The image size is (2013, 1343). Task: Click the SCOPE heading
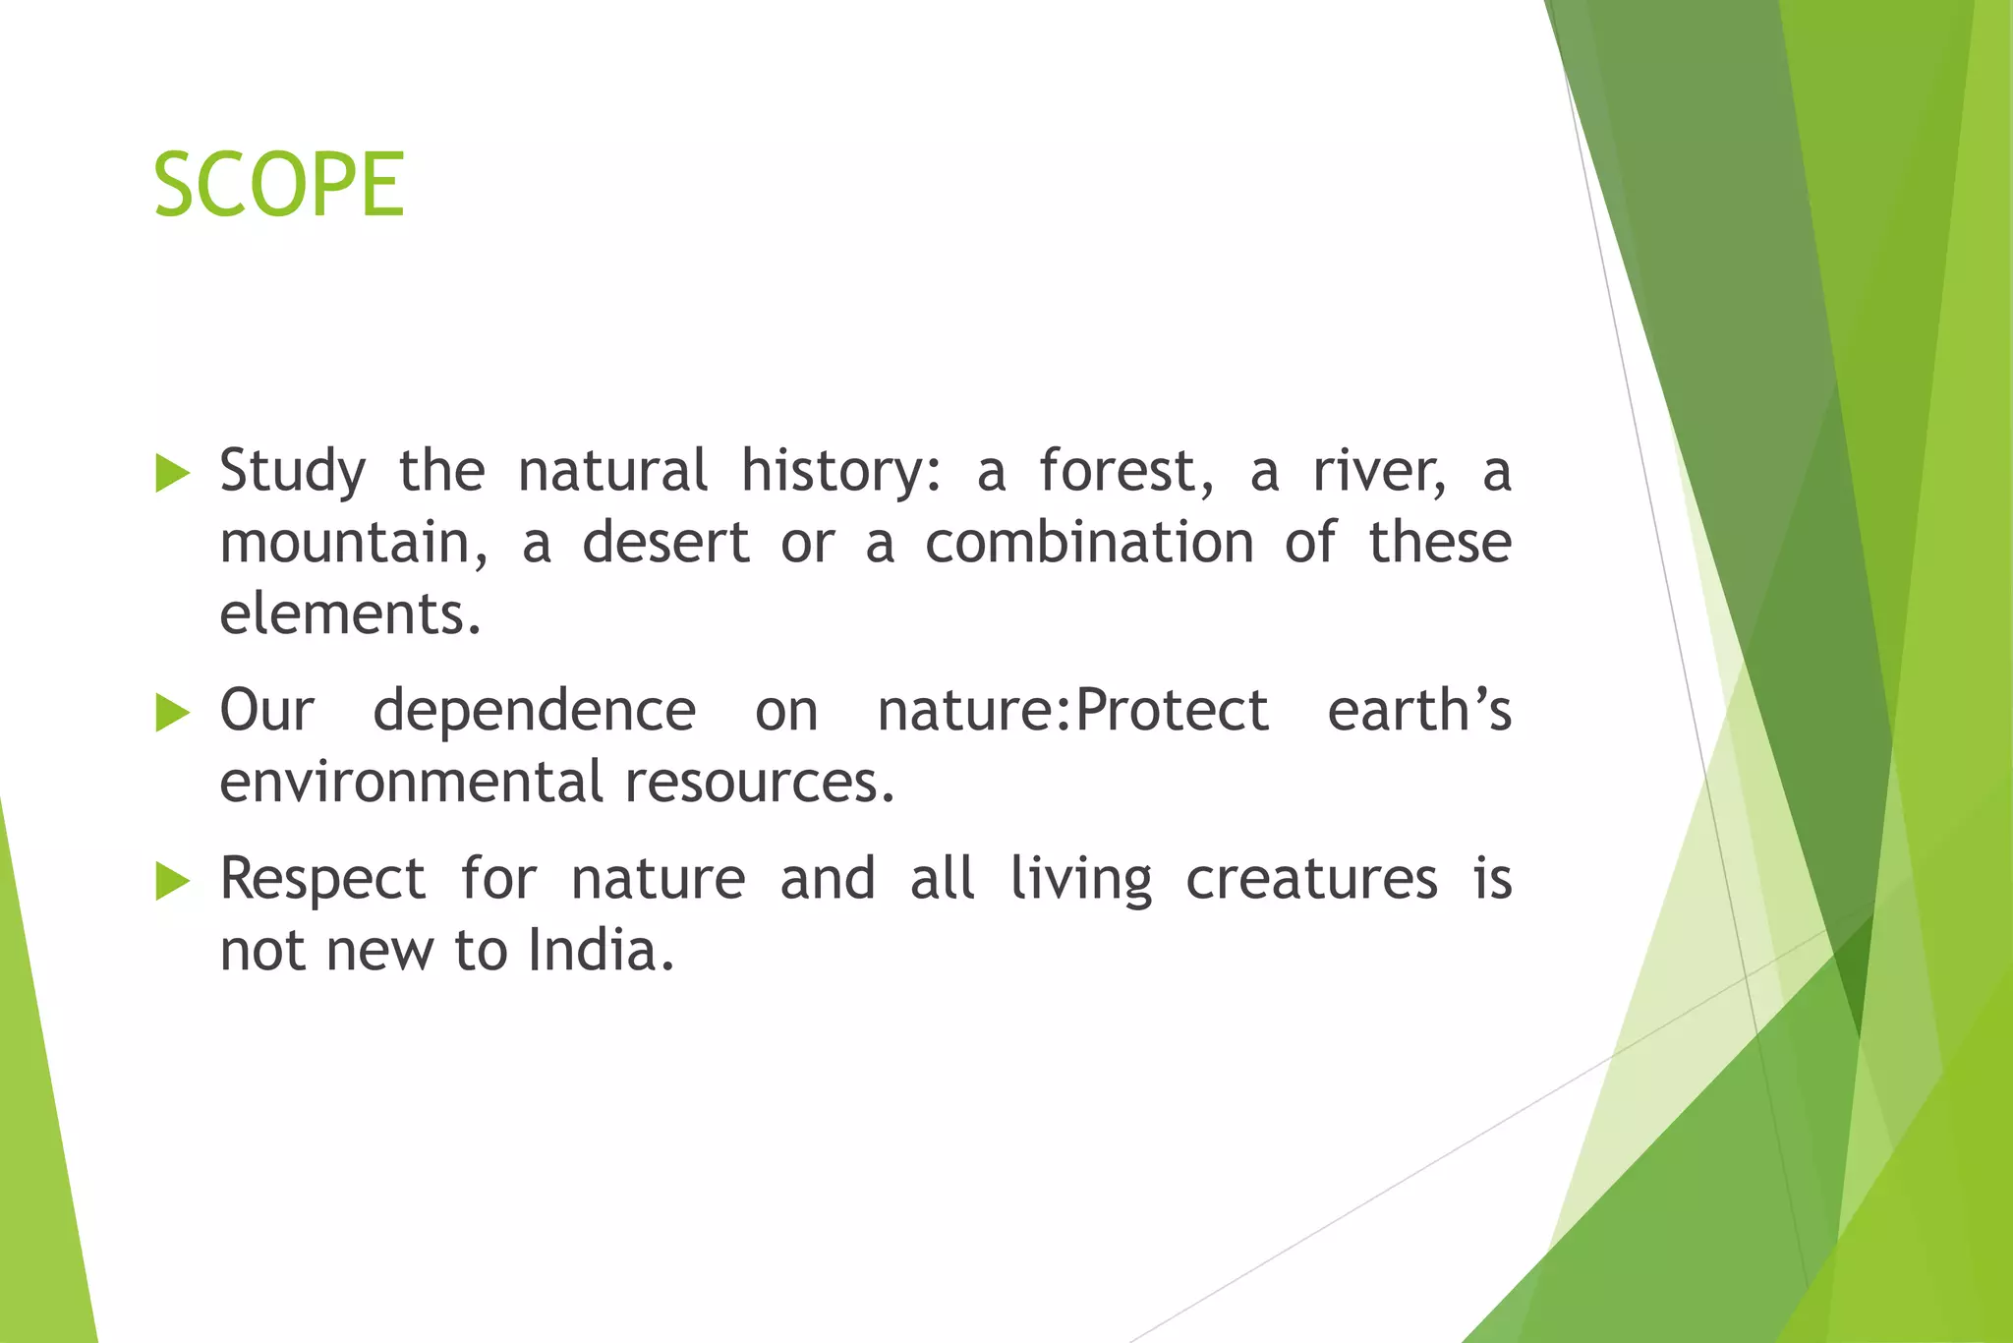279,185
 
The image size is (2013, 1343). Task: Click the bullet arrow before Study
172,474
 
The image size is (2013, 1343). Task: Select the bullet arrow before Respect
172,882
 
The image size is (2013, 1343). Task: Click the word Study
292,472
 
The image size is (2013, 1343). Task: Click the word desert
665,543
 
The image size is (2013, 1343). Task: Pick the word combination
1089,543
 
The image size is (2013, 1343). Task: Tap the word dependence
534,711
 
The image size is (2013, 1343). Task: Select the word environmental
411,783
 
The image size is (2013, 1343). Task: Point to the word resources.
758,783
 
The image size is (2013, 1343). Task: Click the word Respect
322,879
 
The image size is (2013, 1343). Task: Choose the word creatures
1311,878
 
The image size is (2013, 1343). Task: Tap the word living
1080,879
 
